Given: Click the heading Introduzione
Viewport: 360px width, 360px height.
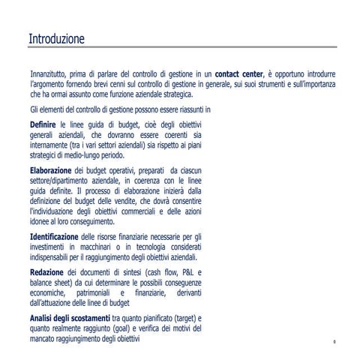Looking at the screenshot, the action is [56, 38].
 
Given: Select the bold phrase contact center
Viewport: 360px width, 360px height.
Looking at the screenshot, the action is [238, 75].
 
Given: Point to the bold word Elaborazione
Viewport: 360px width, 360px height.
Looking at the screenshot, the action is [51, 172].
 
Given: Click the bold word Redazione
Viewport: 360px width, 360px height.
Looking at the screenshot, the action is [46, 271].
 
